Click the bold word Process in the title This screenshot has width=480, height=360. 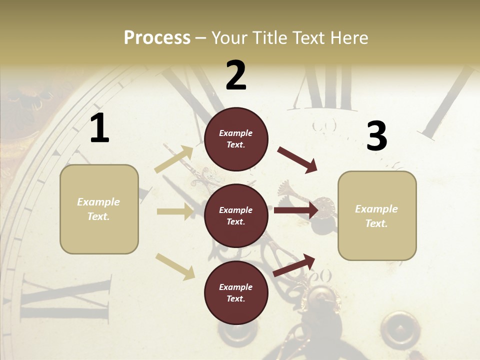pos(157,37)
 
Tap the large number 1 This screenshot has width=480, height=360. pos(99,128)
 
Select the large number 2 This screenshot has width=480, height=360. pos(236,75)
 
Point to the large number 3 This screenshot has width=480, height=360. pos(376,136)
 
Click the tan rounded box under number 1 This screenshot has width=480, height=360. pos(99,209)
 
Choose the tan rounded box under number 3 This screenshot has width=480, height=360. pos(377,216)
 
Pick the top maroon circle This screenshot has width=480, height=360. pos(236,139)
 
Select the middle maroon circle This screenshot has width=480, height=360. pos(236,216)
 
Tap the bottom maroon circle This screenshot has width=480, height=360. pos(236,293)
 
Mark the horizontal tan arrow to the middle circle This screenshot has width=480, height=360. pos(174,211)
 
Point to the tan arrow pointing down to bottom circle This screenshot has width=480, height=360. pos(175,266)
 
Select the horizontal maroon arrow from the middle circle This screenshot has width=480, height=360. pos(295,210)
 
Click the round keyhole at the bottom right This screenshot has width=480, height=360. pos(399,330)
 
